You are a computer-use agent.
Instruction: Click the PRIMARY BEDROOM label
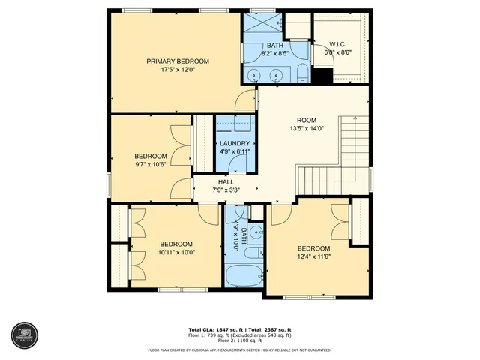[178, 61]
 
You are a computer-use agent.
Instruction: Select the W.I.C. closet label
[337, 44]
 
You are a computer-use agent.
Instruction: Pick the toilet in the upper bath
[301, 71]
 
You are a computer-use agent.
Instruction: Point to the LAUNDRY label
[234, 143]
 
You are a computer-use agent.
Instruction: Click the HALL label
[226, 181]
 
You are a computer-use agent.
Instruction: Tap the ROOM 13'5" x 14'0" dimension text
[307, 128]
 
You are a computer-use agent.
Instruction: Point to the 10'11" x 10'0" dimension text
[175, 253]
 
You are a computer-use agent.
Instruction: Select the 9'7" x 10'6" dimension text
[150, 165]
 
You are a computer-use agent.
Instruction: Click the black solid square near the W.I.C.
[322, 76]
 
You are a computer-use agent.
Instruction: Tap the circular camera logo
[22, 334]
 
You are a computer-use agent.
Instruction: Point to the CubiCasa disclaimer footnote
[239, 349]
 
